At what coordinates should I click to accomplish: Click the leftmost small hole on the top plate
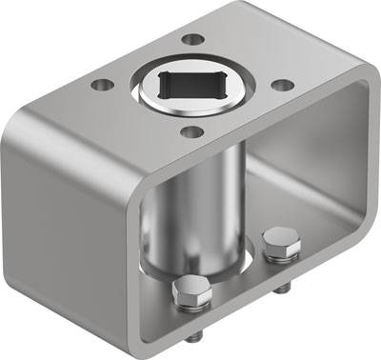[x=98, y=84]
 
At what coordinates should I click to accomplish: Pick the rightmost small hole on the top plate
[x=282, y=84]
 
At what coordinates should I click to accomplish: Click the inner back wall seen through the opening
[x=295, y=181]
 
